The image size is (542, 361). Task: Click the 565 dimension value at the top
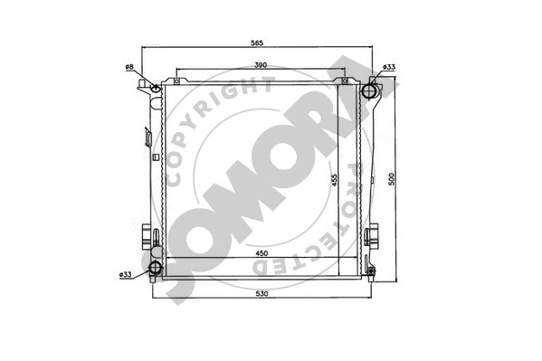click(257, 41)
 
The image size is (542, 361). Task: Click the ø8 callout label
click(130, 67)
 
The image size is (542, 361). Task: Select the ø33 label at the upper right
click(388, 67)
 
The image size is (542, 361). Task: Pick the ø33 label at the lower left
click(127, 273)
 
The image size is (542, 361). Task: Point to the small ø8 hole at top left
click(155, 88)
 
